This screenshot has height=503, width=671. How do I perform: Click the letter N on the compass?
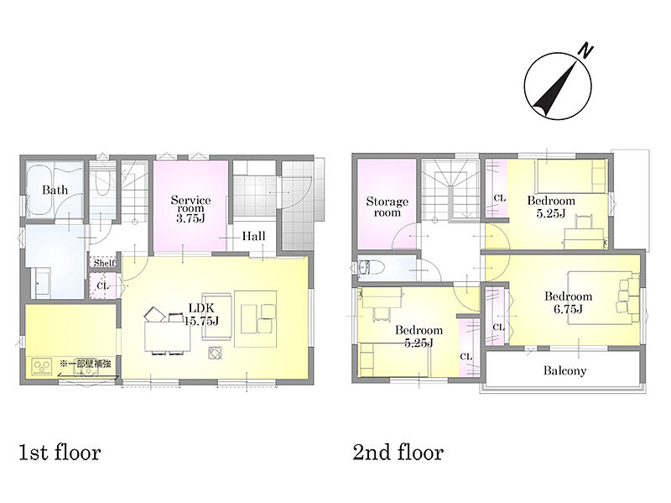click(x=585, y=50)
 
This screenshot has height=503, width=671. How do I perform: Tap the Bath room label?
click(x=55, y=190)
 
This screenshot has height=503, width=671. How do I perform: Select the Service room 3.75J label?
click(x=190, y=209)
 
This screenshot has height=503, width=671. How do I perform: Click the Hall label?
click(x=253, y=236)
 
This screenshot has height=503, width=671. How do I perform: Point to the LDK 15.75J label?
click(x=201, y=314)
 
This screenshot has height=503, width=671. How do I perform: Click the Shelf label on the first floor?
click(x=104, y=263)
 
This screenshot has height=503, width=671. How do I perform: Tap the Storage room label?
click(x=387, y=207)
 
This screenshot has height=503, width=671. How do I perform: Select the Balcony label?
click(x=564, y=370)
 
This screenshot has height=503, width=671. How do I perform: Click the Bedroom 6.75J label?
click(x=568, y=302)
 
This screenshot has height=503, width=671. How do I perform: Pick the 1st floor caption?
click(x=60, y=453)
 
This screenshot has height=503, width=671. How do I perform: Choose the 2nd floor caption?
click(x=398, y=453)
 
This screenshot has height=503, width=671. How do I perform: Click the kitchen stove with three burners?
click(x=41, y=368)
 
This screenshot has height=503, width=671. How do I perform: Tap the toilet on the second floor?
click(x=371, y=268)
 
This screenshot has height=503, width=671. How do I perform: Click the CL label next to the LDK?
click(x=102, y=286)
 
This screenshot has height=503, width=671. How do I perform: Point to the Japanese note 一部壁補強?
click(x=86, y=364)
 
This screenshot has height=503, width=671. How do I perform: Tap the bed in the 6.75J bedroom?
click(x=603, y=297)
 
